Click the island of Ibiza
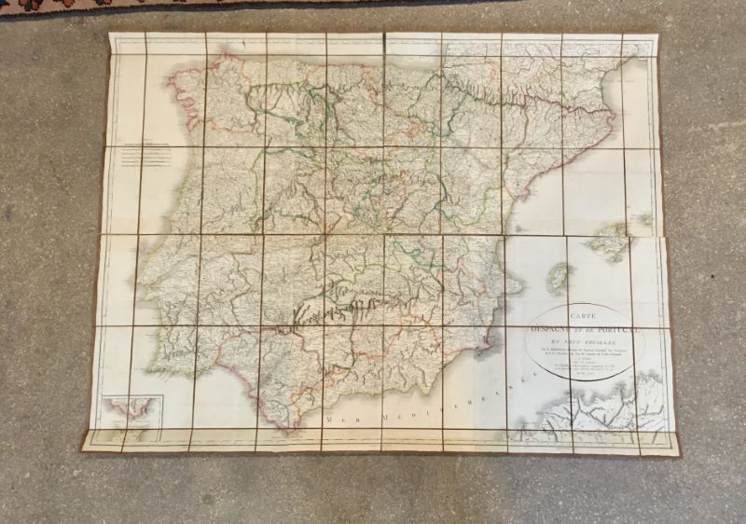tap(559, 276)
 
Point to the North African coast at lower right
tap(597, 410)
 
